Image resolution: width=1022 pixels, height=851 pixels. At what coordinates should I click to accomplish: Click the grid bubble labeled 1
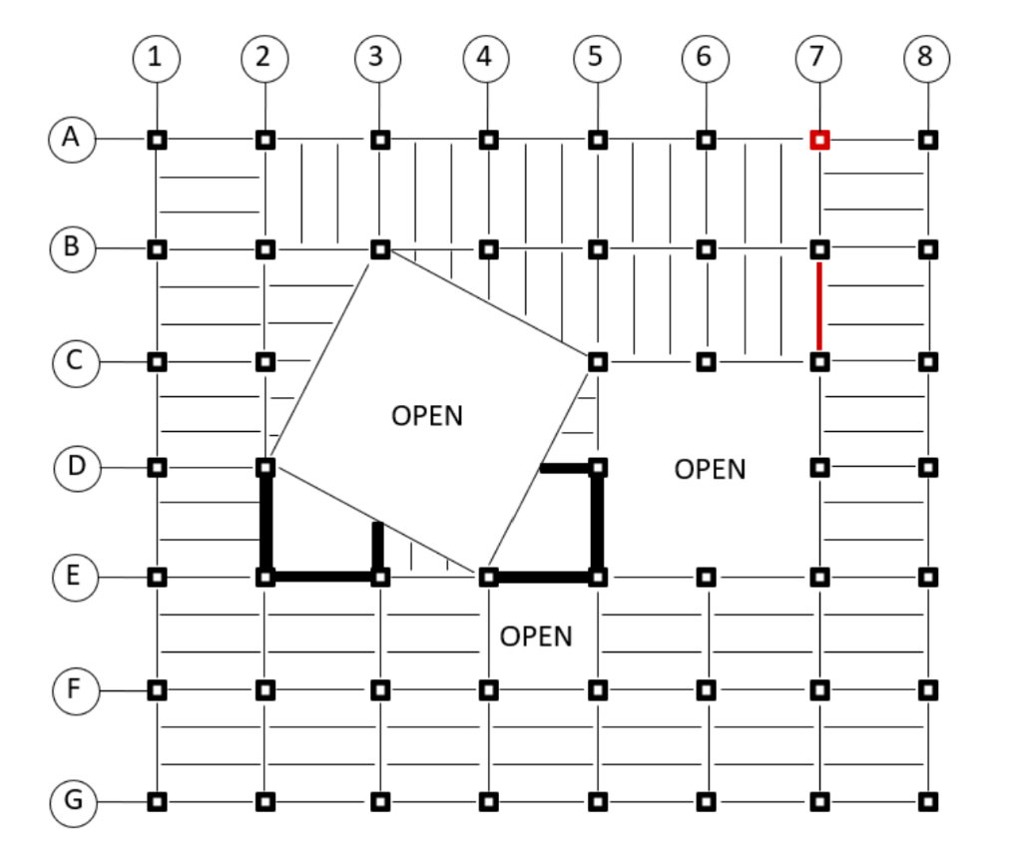[x=156, y=57]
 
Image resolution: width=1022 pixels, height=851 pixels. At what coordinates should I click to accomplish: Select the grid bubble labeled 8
[x=926, y=57]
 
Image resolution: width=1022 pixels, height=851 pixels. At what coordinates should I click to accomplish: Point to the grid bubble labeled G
[x=74, y=801]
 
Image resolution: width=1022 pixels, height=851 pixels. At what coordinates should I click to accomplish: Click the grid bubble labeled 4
[x=486, y=57]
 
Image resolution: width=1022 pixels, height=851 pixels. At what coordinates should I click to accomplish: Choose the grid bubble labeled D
[x=75, y=466]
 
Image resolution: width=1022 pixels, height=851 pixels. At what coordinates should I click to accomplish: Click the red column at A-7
[x=818, y=140]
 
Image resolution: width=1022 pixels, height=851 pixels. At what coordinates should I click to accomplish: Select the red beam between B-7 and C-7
[x=818, y=305]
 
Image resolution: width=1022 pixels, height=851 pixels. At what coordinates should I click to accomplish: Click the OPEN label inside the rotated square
[x=427, y=415]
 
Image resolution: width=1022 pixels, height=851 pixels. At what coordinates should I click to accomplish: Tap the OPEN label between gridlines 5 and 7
[x=710, y=468]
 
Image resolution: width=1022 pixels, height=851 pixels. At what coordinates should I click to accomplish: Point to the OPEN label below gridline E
[x=536, y=636]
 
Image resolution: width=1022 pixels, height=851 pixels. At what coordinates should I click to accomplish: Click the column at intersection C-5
[x=597, y=361]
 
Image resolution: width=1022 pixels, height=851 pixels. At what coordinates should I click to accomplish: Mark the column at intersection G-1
[x=157, y=801]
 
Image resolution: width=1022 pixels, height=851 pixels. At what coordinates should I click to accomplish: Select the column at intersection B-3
[x=379, y=248]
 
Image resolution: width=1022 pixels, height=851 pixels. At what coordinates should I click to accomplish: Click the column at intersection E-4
[x=488, y=577]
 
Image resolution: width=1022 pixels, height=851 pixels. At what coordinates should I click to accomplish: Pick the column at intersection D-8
[x=928, y=466]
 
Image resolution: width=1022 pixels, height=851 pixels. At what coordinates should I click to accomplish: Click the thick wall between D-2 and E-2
[x=265, y=522]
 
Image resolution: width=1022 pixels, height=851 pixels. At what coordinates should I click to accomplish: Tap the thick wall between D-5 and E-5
[x=597, y=522]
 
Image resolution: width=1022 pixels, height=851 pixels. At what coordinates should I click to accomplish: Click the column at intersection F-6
[x=706, y=689]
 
